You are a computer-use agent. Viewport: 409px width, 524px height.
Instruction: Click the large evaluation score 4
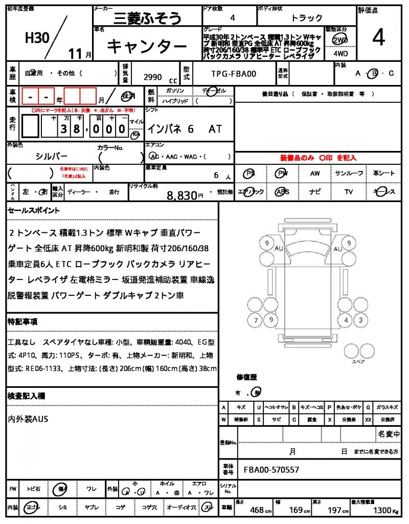(379, 38)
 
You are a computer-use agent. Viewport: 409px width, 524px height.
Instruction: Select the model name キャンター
(147, 47)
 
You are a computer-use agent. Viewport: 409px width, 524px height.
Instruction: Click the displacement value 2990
(153, 77)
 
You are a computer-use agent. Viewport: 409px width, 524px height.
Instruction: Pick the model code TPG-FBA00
(234, 74)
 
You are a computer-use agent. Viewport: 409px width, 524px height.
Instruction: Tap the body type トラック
(307, 18)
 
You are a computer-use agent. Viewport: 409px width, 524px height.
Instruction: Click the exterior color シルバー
(52, 156)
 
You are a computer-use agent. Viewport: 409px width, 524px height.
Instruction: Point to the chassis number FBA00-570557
(271, 470)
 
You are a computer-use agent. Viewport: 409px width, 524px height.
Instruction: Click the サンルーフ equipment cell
(349, 173)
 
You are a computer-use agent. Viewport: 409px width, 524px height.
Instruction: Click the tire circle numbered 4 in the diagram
(346, 321)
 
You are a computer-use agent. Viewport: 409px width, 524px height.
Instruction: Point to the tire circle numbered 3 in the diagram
(360, 321)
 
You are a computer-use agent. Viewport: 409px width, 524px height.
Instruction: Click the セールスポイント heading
(34, 210)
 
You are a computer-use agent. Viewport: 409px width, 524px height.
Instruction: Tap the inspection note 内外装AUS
(28, 419)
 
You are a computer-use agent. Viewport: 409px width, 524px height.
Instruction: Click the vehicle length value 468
(257, 511)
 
